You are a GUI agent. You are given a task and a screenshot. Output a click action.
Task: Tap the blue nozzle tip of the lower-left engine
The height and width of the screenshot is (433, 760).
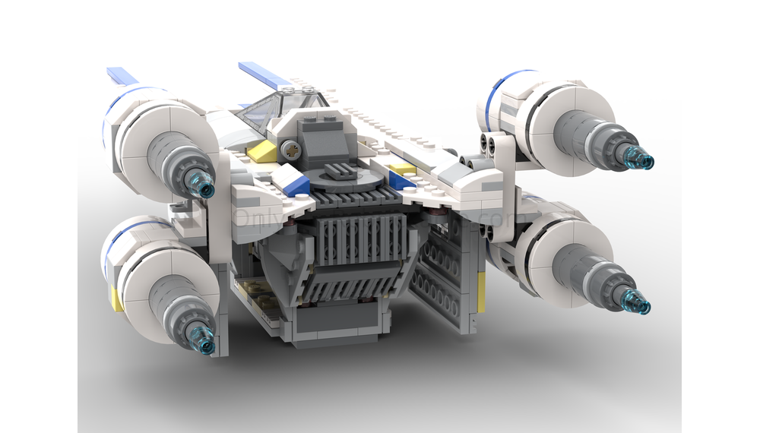coord(205,345)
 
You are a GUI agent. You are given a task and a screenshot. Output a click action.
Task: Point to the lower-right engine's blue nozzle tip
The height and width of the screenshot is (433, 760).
coord(637,305)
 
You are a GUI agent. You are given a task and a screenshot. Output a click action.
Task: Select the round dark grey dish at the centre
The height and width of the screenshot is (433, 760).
coord(347,179)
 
